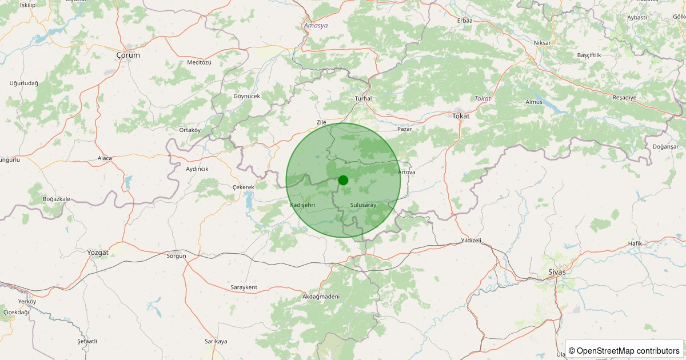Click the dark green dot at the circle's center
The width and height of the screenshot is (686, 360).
pos(343,180)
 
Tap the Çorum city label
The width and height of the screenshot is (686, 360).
pos(127,55)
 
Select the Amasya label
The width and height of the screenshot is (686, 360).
pos(316,26)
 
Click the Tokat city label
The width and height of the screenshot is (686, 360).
pos(460,116)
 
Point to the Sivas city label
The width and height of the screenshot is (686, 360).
pos(556,272)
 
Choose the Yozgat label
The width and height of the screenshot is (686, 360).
pos(98,252)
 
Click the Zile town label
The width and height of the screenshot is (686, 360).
pos(321,122)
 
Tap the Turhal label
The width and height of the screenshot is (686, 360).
pos(363,98)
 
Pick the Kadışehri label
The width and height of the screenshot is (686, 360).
pos(302,205)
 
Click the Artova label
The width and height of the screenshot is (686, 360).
pos(406,172)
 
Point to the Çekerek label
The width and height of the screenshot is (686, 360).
pos(244,187)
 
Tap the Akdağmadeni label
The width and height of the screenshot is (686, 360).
pos(321,297)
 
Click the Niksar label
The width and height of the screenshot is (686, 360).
pos(541,43)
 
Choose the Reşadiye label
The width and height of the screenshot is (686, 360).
pos(624,97)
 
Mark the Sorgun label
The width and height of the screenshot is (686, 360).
pos(176,256)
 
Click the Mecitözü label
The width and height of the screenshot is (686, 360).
pos(199,62)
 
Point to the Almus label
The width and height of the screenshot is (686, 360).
pos(533,102)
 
